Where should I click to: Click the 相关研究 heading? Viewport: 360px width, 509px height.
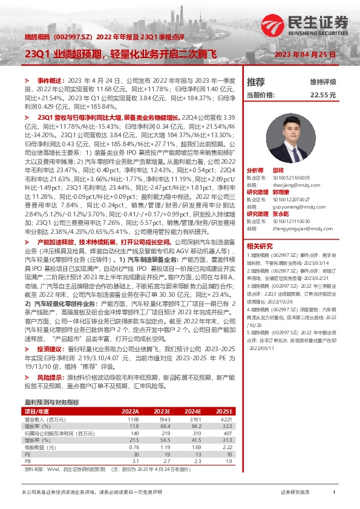coord(261,247)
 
